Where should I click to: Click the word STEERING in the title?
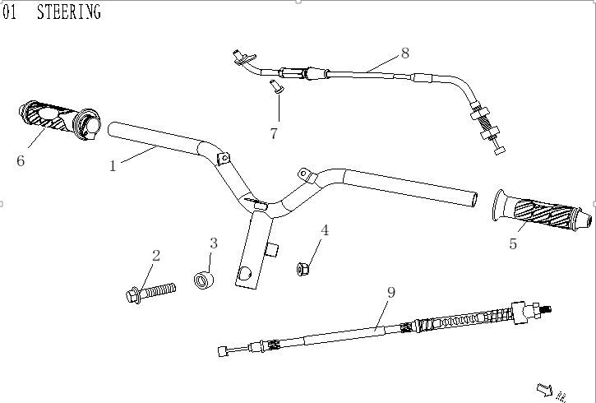[x=69, y=12]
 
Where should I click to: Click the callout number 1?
[x=113, y=165]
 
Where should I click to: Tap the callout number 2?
[x=156, y=256]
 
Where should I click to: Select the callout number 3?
[x=214, y=243]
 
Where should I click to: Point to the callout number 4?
[x=325, y=230]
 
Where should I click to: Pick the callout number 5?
[x=513, y=243]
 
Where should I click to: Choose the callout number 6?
[x=21, y=160]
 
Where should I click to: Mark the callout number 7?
[x=274, y=133]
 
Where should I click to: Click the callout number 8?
[x=404, y=53]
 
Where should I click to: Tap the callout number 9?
[x=391, y=292]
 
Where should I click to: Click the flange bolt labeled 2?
[x=152, y=291]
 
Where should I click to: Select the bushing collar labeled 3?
[x=204, y=280]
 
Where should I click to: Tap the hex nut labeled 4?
[x=303, y=267]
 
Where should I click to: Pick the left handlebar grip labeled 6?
[x=58, y=121]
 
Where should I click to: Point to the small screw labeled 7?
[x=275, y=87]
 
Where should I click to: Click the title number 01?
[x=10, y=12]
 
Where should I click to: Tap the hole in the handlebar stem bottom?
[x=244, y=274]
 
